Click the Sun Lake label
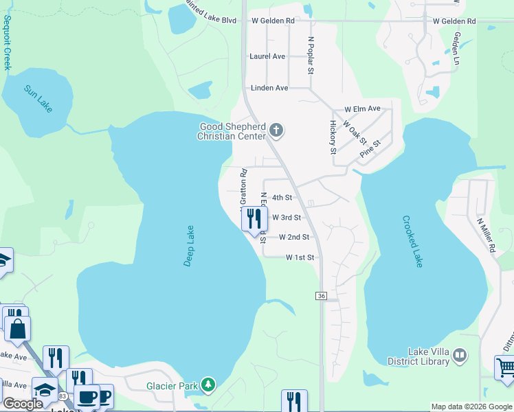coord(38,99)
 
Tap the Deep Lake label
coord(190,246)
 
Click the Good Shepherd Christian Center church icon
coord(276,130)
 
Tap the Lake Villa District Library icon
coord(460,355)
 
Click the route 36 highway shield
coord(321,295)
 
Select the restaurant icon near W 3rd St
coord(254,219)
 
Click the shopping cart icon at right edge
coord(505,367)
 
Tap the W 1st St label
coord(300,257)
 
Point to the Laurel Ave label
coord(267,56)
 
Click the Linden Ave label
coord(269,88)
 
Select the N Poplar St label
coord(311,55)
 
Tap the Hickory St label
coord(333,137)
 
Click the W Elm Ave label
coord(362,109)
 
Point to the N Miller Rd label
coord(487,236)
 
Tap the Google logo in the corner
coord(23,404)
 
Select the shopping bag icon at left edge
coord(17,329)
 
